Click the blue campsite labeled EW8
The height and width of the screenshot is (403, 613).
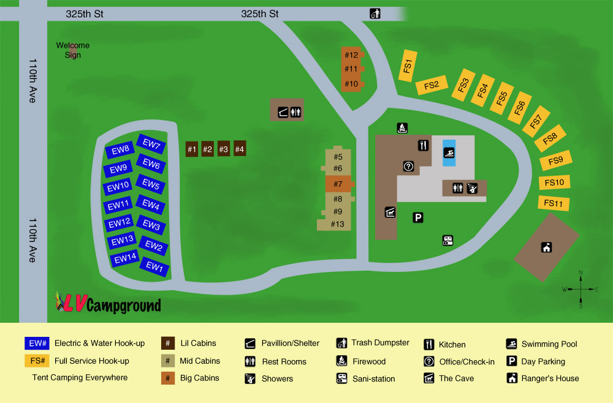(x=121, y=149)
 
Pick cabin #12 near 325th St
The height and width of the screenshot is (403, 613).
(x=351, y=55)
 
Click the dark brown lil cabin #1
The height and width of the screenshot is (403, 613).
(x=192, y=149)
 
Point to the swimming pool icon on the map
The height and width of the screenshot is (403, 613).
(x=449, y=153)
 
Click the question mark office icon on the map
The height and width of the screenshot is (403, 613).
(x=409, y=166)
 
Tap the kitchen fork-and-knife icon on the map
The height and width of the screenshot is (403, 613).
(x=423, y=145)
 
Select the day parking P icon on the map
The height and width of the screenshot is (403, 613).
(x=418, y=217)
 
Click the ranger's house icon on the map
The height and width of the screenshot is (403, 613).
(x=546, y=247)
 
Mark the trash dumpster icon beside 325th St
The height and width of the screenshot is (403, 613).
(x=375, y=13)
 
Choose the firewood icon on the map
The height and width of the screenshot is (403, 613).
(x=402, y=128)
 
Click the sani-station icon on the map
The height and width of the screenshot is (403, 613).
(x=447, y=241)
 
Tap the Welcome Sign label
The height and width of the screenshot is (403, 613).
(x=73, y=50)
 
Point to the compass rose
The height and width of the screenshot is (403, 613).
(x=581, y=288)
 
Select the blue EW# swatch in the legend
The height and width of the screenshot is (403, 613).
(x=36, y=344)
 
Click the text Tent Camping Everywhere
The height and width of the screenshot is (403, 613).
(x=80, y=377)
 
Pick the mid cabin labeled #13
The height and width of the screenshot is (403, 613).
(x=337, y=224)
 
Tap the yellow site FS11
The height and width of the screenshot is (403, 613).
(x=553, y=203)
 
